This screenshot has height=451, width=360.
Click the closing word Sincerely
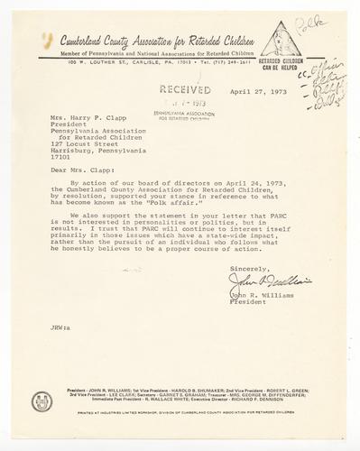point(248,294)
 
